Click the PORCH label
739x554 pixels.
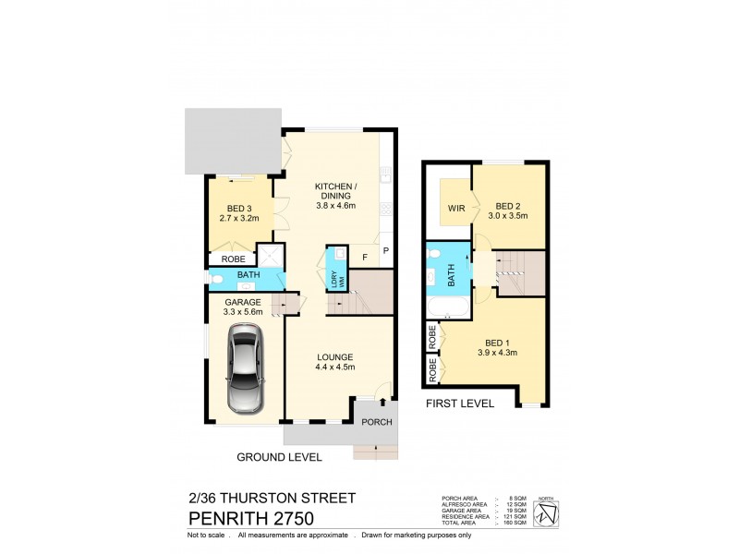378,424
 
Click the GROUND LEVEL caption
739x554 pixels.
279,457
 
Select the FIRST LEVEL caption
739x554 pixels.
459,403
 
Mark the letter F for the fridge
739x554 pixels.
365,256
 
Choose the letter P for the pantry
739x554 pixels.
385,250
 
